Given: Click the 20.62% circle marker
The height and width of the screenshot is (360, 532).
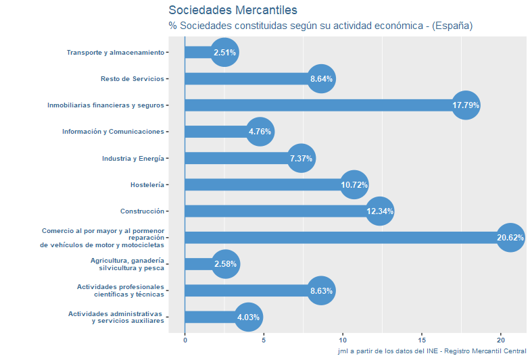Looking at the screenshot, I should click(510, 238).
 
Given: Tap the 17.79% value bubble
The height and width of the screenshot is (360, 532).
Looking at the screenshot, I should click(466, 105).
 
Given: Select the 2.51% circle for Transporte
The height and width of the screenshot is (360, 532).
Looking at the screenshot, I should click(224, 52).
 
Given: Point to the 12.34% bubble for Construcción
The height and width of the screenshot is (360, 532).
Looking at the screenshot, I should click(380, 211).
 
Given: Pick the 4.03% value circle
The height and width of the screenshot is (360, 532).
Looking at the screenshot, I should click(249, 317).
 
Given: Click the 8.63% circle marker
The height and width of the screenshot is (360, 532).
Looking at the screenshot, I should click(321, 291).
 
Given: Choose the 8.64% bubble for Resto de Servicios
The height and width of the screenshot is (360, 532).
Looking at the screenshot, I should click(322, 79).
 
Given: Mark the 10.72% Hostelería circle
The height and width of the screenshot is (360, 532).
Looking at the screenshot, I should click(354, 185).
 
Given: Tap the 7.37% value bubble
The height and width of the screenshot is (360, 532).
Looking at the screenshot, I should click(301, 159).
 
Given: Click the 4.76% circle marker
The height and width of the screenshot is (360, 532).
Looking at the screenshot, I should click(260, 132).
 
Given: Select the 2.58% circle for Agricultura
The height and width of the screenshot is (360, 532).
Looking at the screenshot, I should click(226, 264).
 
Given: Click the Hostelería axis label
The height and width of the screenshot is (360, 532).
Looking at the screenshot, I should click(147, 185).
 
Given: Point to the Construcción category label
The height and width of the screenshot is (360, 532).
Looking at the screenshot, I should click(142, 211).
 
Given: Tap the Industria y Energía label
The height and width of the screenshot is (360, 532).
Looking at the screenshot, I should click(133, 159).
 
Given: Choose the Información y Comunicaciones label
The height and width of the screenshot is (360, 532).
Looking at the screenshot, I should click(113, 132).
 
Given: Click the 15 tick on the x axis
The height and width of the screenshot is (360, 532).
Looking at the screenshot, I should click(422, 340).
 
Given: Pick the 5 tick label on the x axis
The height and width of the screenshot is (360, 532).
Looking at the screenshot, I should click(264, 340).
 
